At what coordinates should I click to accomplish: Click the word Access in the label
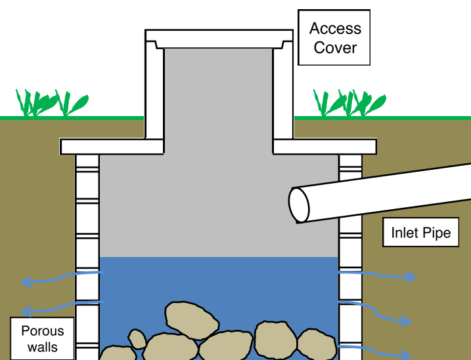335,29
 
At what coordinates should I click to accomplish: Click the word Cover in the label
335,48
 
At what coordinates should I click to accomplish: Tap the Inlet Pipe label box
421,233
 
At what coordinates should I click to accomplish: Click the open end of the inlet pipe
300,205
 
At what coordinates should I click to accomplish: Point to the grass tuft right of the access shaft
348,103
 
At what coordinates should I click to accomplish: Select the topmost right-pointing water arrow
378,275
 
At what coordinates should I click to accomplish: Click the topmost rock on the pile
192,321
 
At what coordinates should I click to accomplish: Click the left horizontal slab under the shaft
112,146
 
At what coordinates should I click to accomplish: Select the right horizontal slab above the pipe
325,146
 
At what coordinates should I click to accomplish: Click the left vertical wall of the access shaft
154,92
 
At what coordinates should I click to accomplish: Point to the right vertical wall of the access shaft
283,92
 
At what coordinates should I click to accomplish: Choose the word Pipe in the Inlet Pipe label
439,233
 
